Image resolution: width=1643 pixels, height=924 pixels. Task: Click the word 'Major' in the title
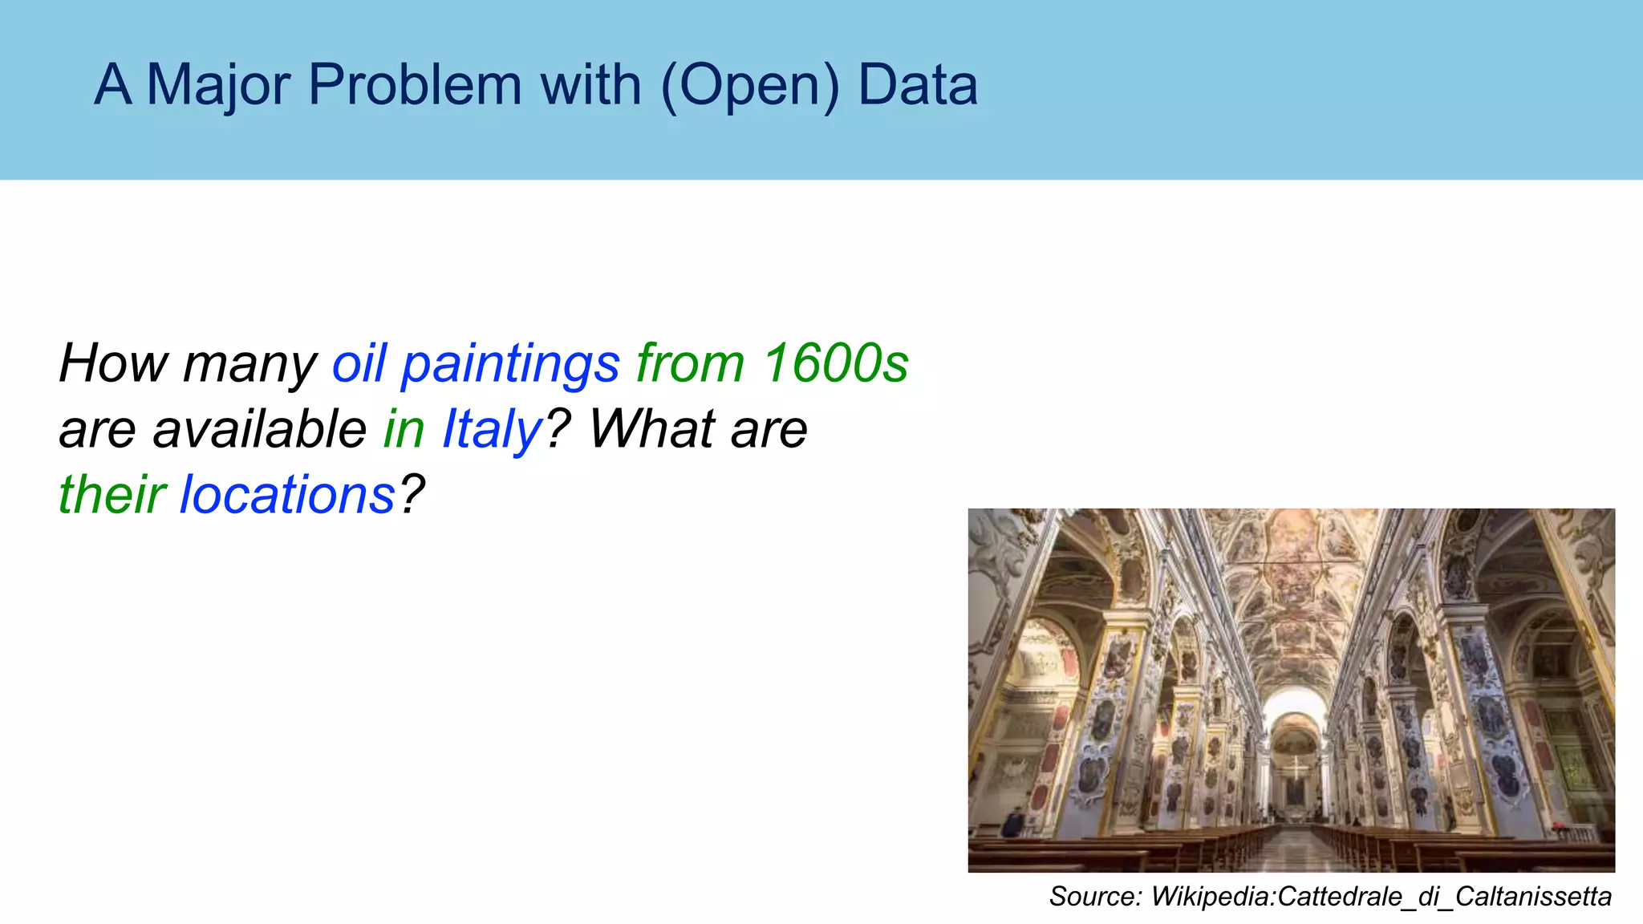click(x=218, y=85)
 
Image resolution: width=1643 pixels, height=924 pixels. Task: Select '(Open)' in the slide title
click(x=750, y=85)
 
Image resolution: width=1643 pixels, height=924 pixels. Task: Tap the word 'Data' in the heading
click(x=918, y=85)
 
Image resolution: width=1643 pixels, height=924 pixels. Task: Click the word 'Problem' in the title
click(x=415, y=85)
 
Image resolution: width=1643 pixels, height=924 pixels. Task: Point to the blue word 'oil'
click(x=359, y=363)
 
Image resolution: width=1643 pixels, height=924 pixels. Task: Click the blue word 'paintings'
click(x=510, y=363)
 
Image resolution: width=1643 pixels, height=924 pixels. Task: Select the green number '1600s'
click(x=835, y=363)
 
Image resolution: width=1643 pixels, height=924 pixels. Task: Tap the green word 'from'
click(x=690, y=363)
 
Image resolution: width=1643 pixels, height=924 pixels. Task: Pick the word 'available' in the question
click(x=260, y=428)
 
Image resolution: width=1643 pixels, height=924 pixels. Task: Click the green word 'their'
click(x=112, y=493)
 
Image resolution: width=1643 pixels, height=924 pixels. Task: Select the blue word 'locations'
click(x=287, y=493)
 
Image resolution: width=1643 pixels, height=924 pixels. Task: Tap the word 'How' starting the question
click(x=112, y=363)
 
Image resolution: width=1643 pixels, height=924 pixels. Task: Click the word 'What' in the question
click(x=651, y=428)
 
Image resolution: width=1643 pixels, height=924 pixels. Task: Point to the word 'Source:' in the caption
click(x=1095, y=896)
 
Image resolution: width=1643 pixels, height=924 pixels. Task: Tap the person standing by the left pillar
click(x=1013, y=823)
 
